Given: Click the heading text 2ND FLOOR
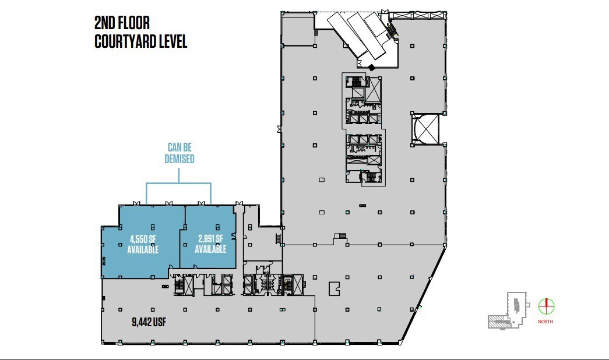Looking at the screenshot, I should tap(122, 23).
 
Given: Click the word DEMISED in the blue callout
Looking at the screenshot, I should tap(179, 158).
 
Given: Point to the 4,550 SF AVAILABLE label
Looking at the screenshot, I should tap(143, 244).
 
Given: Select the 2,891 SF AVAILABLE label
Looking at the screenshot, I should tap(210, 244).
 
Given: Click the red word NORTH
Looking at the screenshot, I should tap(546, 322).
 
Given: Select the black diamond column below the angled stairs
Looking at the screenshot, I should tap(371, 67).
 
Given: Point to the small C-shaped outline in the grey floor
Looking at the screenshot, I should tap(334, 288).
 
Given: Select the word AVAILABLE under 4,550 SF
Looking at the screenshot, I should tap(143, 250).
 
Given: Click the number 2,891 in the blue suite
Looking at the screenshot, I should tap(205, 238).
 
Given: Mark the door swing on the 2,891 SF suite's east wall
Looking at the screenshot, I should tap(233, 235).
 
